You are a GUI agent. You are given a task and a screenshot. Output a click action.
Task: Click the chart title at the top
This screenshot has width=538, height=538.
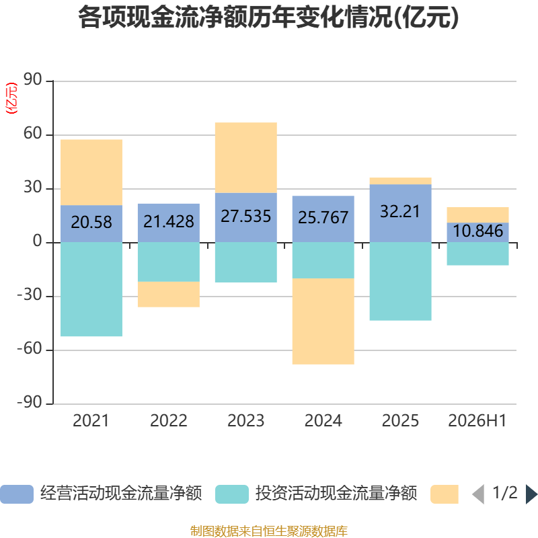(x=268, y=17)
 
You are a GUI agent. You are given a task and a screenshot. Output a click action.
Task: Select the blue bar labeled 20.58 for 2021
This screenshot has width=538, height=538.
(x=91, y=224)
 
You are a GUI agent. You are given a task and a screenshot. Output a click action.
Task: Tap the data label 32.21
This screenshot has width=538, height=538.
(x=400, y=211)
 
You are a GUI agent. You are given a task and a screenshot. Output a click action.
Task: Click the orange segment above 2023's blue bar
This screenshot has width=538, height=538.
(x=246, y=158)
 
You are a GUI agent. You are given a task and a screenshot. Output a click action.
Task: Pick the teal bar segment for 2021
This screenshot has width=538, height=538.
(x=91, y=289)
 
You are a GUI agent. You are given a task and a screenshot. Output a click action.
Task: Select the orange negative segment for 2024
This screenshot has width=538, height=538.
(x=323, y=321)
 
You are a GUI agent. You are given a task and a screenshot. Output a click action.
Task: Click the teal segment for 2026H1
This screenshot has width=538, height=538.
(x=477, y=254)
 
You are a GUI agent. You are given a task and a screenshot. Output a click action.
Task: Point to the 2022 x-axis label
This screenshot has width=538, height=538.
(x=169, y=421)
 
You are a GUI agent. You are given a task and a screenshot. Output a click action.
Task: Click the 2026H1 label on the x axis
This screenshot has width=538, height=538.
(x=477, y=421)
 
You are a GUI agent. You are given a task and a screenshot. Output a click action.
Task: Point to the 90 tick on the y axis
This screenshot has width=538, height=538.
(x=32, y=79)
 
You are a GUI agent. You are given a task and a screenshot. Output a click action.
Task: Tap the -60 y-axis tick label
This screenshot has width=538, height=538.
(x=30, y=348)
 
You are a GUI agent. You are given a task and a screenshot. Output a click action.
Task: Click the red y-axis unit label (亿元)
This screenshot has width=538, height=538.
(x=11, y=98)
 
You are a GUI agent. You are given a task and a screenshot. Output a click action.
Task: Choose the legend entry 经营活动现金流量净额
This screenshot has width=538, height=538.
(x=102, y=494)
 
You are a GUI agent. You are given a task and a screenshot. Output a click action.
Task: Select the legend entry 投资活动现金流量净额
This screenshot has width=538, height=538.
(x=316, y=494)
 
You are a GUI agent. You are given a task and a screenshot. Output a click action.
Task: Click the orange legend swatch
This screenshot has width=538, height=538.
(x=445, y=494)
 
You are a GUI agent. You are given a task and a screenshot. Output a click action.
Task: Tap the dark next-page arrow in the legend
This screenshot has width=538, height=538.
(x=531, y=494)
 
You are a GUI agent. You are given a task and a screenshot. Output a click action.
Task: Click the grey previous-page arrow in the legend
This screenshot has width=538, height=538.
(x=478, y=494)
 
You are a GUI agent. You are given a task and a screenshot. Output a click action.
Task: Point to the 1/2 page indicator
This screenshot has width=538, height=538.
(x=505, y=493)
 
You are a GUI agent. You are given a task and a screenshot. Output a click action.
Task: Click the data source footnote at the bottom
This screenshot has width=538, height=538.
(x=268, y=531)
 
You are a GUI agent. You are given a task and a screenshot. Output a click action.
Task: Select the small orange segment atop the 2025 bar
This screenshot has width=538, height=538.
(x=400, y=181)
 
